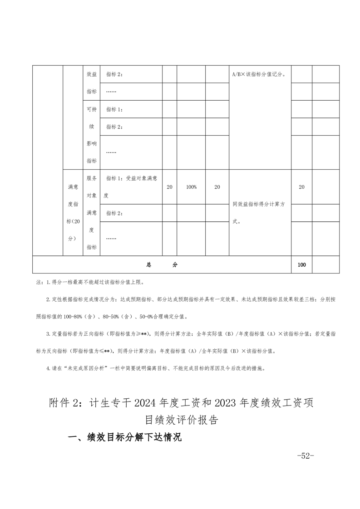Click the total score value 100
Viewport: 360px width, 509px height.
(x=301, y=265)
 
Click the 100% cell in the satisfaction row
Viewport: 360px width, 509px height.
(x=191, y=187)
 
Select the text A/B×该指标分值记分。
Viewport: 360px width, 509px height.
(x=258, y=74)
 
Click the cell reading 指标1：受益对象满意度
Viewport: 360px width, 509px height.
(x=131, y=187)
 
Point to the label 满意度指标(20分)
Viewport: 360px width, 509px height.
(x=73, y=212)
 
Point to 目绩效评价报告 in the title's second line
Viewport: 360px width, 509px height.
(x=180, y=420)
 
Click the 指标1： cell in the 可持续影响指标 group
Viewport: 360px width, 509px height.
(x=115, y=109)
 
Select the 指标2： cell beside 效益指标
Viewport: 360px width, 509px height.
(x=115, y=74)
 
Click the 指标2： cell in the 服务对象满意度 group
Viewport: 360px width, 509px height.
(x=115, y=213)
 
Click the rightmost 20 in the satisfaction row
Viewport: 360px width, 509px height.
(x=301, y=187)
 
